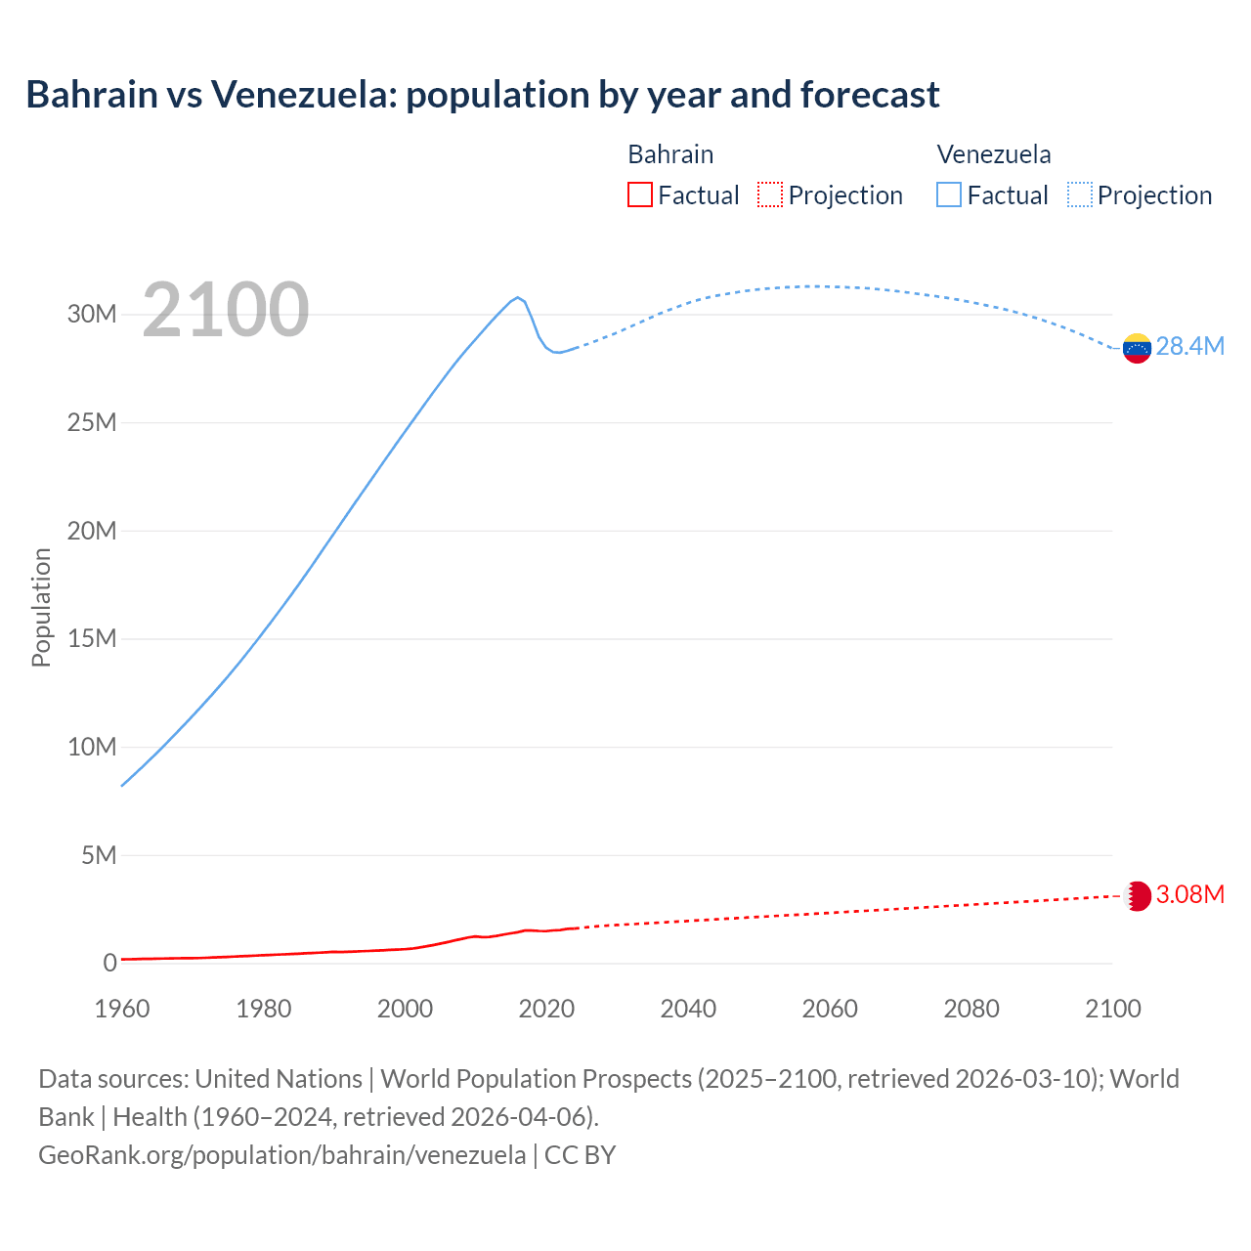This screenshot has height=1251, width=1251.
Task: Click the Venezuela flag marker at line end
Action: point(1137,348)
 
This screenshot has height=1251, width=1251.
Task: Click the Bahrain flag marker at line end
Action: point(1138,896)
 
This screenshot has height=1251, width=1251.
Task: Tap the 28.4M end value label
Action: point(1189,347)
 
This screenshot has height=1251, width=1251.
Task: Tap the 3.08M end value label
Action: point(1189,895)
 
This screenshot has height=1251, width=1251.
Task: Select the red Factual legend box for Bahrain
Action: point(639,195)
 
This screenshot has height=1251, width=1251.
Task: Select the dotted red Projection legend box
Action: point(770,195)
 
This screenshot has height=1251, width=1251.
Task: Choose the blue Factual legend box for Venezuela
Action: point(949,195)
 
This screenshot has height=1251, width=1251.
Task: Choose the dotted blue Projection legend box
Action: point(1080,195)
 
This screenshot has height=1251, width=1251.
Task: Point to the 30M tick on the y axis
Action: point(92,315)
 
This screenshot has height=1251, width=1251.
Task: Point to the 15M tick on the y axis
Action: point(92,639)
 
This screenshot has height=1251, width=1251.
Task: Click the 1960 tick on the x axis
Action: point(122,1009)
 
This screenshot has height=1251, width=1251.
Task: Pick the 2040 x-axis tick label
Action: point(688,1009)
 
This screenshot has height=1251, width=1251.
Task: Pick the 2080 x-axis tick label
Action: point(971,1009)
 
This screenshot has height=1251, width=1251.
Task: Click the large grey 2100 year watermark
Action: point(226,311)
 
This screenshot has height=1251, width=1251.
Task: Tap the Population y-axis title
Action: point(41,607)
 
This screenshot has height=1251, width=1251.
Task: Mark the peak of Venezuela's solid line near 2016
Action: point(518,297)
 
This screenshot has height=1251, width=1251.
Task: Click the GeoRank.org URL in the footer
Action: point(281,1155)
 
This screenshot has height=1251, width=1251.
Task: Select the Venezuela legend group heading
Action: point(994,154)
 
